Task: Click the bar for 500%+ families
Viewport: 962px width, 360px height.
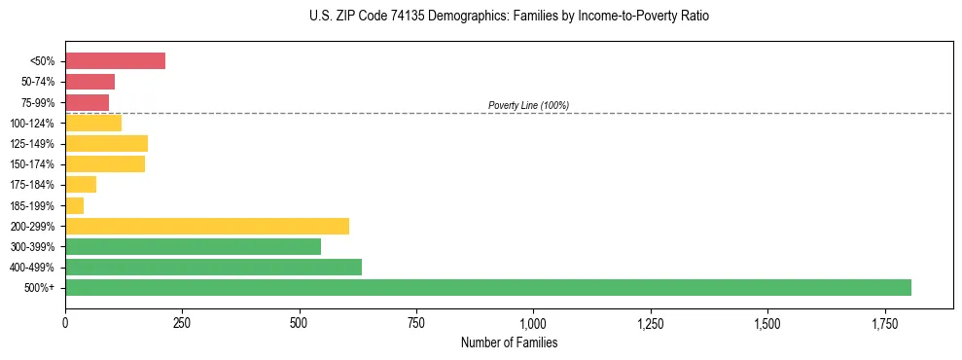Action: tap(487, 287)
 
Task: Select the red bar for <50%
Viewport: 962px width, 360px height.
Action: tap(115, 61)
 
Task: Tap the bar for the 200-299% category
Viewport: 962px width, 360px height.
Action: tap(206, 226)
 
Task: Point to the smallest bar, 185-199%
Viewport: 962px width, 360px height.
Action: tap(74, 205)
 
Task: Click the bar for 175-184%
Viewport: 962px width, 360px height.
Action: tap(81, 185)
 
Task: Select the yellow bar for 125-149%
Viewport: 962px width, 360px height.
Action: tap(106, 144)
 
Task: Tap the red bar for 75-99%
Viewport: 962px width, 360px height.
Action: tap(87, 102)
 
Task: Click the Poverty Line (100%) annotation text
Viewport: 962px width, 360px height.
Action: tap(528, 105)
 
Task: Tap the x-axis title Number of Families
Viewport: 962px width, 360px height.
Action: tap(509, 342)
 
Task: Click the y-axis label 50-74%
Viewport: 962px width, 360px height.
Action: tap(40, 82)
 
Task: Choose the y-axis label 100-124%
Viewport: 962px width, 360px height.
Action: tap(37, 124)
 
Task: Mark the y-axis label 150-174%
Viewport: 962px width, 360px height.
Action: tap(37, 164)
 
